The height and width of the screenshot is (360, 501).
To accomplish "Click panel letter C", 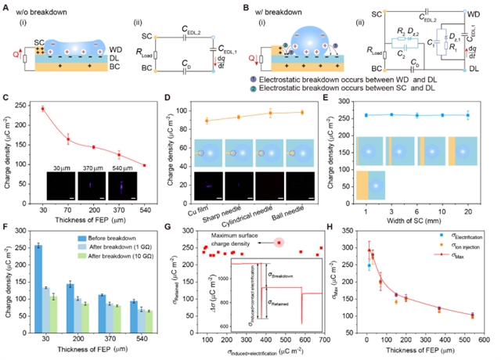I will (7, 99).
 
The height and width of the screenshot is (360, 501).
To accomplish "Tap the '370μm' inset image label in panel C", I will (91, 167).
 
